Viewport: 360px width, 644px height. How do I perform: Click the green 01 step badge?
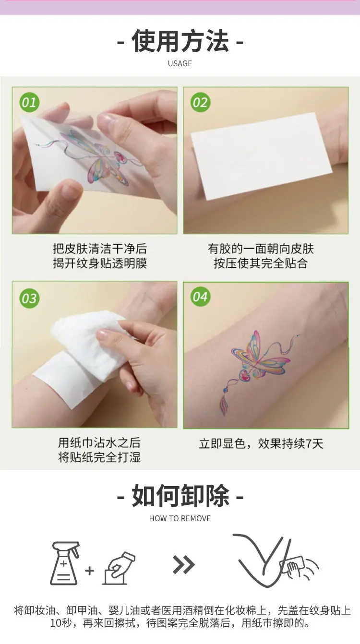click(x=29, y=102)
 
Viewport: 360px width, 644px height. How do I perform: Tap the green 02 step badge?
click(x=201, y=102)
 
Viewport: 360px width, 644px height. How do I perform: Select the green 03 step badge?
click(x=29, y=298)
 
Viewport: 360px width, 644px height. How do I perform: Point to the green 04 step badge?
click(x=201, y=297)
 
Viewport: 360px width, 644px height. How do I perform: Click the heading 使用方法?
click(x=180, y=41)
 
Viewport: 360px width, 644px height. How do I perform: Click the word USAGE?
click(x=180, y=63)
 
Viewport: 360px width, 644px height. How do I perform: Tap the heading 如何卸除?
click(x=180, y=495)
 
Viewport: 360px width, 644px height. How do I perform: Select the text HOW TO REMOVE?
click(x=180, y=518)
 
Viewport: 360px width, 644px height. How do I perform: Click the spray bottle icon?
click(x=65, y=563)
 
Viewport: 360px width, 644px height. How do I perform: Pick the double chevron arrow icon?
click(x=184, y=565)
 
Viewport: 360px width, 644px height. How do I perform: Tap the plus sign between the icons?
click(x=89, y=571)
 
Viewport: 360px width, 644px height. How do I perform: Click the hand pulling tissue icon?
click(x=119, y=568)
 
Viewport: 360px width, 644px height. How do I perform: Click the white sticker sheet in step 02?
click(x=262, y=156)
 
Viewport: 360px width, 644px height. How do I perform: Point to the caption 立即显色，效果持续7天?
click(x=261, y=443)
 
